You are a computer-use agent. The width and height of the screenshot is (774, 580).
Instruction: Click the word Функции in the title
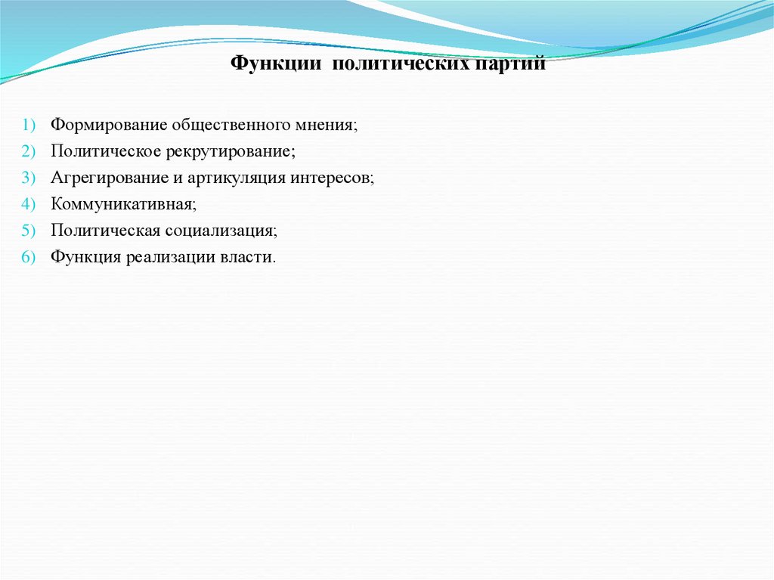(x=276, y=66)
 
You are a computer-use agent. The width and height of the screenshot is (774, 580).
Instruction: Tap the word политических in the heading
(x=402, y=66)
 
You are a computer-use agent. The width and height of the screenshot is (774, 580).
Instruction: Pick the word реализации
(x=178, y=257)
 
